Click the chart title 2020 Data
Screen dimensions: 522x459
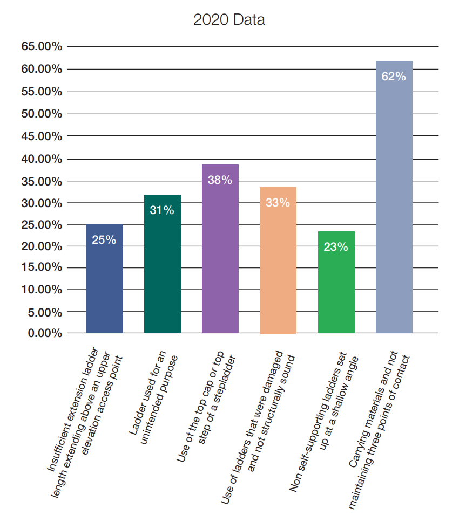[229, 20]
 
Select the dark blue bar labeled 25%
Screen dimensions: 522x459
[104, 286]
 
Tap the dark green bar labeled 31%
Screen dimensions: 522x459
[162, 270]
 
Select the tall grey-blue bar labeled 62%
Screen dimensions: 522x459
[394, 216]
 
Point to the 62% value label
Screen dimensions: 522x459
[394, 77]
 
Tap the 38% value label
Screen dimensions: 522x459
[220, 180]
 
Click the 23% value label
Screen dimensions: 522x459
[336, 247]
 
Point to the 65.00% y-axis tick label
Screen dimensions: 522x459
[42, 47]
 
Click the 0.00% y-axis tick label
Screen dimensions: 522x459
[44, 333]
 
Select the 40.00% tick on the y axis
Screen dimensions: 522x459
[42, 159]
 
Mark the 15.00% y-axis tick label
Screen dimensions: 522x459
[42, 267]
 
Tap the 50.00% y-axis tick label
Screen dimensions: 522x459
[42, 114]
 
